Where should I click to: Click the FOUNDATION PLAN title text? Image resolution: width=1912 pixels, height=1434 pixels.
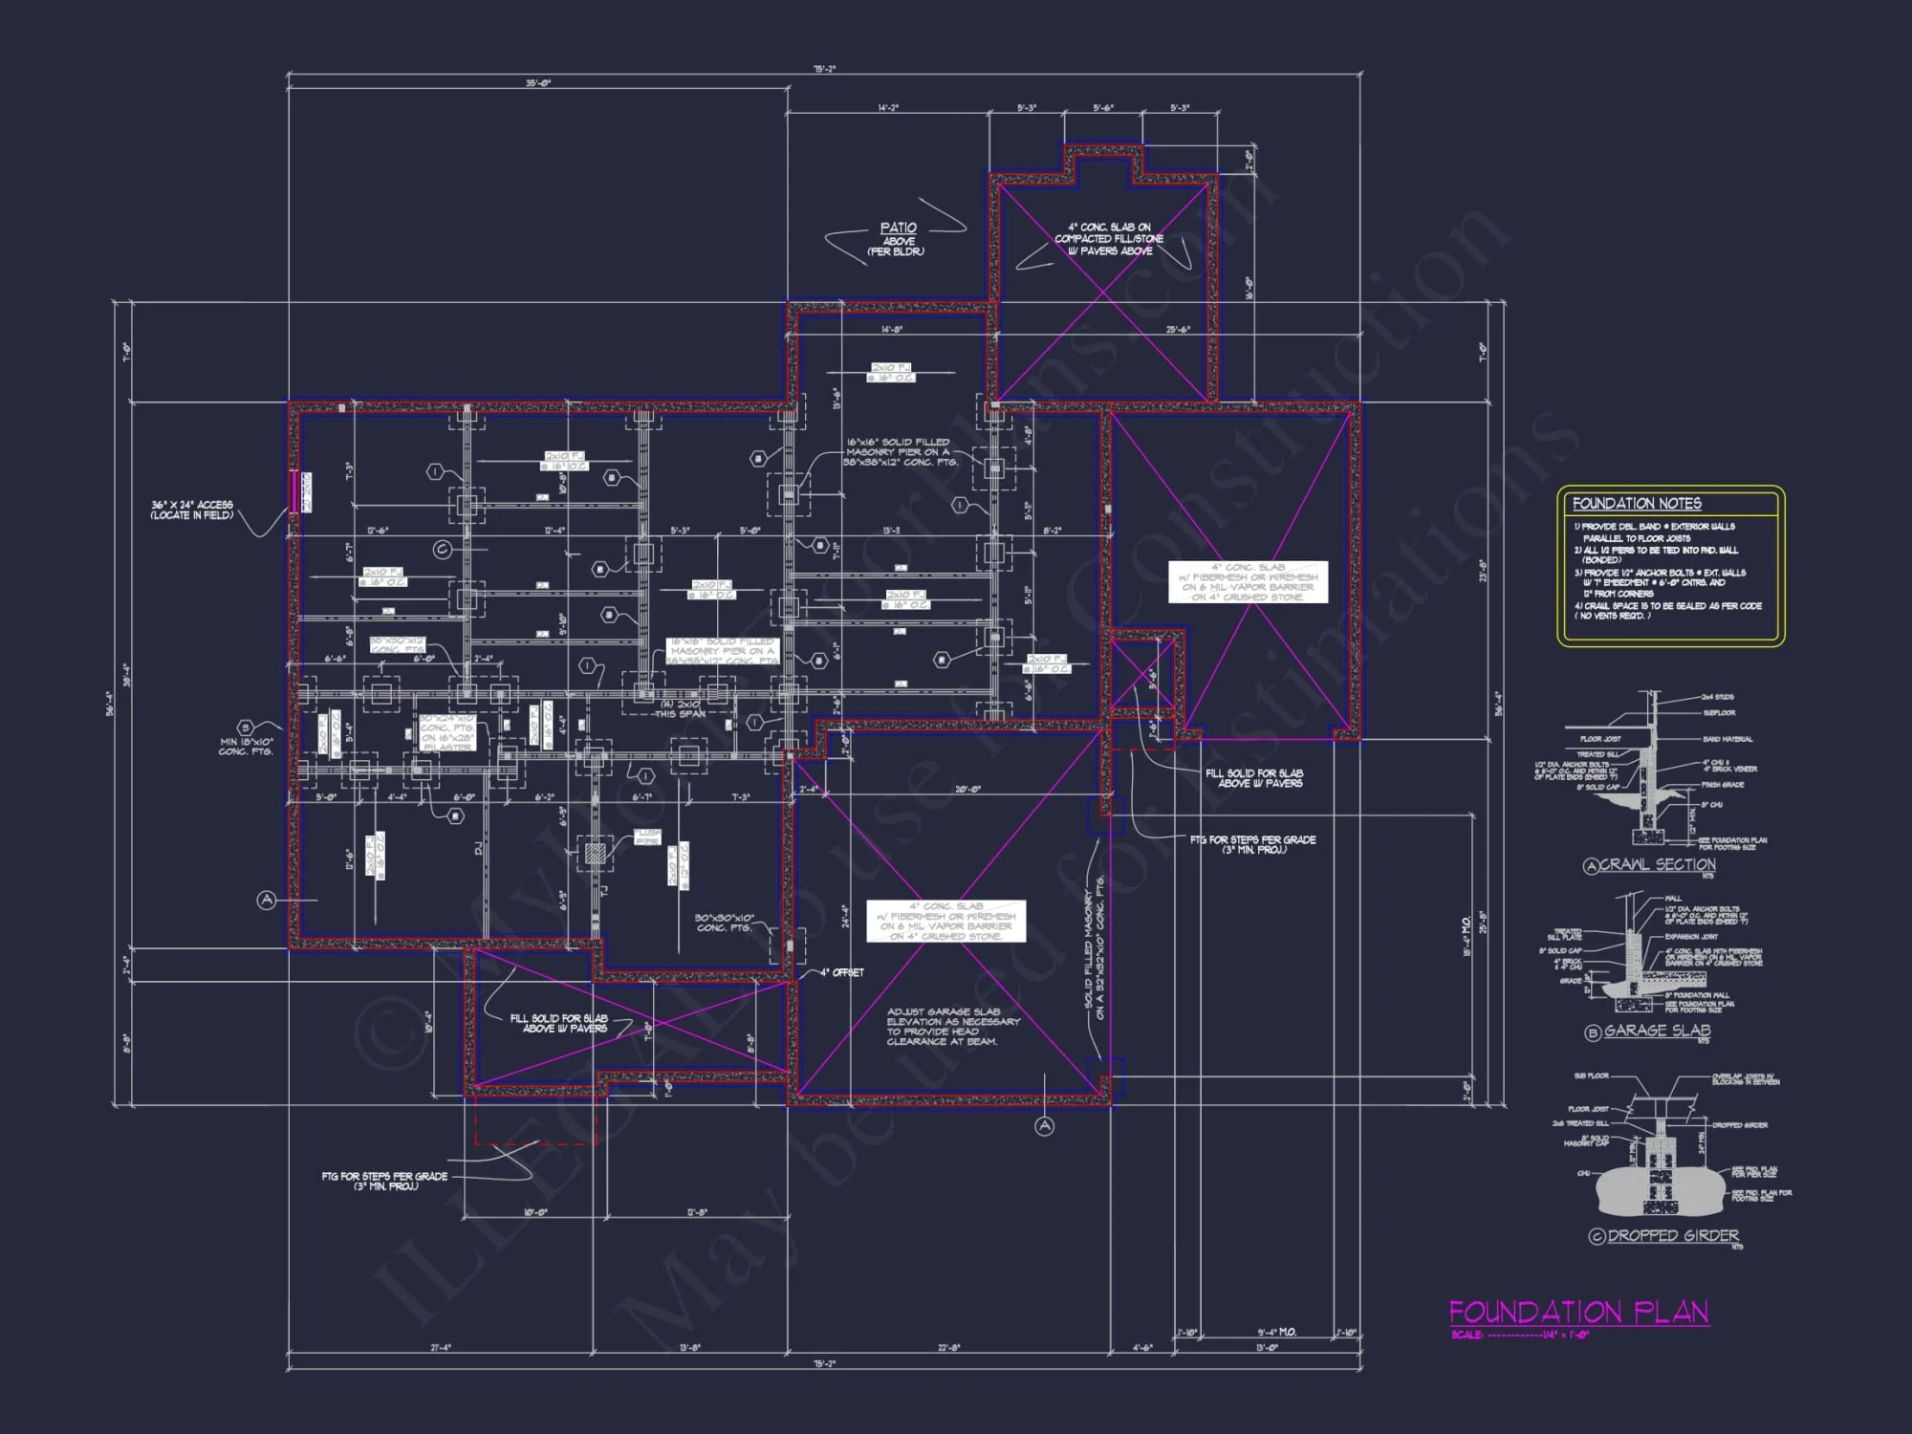click(1578, 1312)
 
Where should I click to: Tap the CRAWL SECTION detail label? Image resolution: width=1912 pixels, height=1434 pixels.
click(1657, 864)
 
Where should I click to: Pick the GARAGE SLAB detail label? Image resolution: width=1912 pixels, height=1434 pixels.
click(1657, 1031)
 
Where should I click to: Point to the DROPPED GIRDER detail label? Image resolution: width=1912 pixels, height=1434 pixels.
click(1672, 1235)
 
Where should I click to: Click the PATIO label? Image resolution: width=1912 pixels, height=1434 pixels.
click(898, 228)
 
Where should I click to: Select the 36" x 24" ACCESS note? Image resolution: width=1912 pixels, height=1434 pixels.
click(191, 510)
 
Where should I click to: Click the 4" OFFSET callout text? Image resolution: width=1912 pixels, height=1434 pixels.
click(841, 972)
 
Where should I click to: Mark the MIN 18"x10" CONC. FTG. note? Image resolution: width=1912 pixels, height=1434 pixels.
click(246, 747)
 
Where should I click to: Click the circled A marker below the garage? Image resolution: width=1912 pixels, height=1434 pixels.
click(1044, 1126)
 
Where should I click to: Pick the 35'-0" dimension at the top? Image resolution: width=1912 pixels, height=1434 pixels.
click(537, 84)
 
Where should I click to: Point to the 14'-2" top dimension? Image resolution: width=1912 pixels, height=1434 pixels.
click(888, 108)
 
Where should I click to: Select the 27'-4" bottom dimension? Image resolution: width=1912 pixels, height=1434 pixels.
click(440, 1348)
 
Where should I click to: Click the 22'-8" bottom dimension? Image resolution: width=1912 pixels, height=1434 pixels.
click(948, 1348)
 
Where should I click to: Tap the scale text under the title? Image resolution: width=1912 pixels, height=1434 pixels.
click(1519, 1335)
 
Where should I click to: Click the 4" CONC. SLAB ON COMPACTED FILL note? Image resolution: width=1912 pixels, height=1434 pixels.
click(1109, 239)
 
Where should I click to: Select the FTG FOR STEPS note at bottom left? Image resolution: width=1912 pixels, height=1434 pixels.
click(384, 1181)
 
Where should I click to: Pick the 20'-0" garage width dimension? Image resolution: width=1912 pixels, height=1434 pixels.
click(967, 790)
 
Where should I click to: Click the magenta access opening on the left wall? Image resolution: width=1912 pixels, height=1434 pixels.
click(294, 491)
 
